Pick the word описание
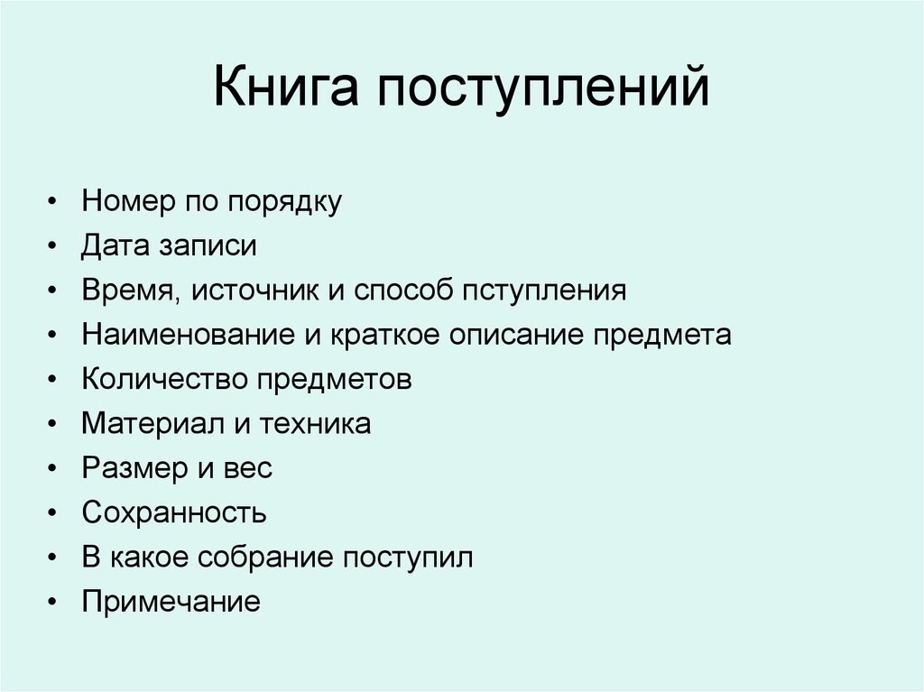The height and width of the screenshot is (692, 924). tap(504, 335)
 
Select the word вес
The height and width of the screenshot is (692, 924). tap(248, 468)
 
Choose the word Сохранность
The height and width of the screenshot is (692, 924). tap(173, 512)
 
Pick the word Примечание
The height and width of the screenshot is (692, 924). tap(171, 601)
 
